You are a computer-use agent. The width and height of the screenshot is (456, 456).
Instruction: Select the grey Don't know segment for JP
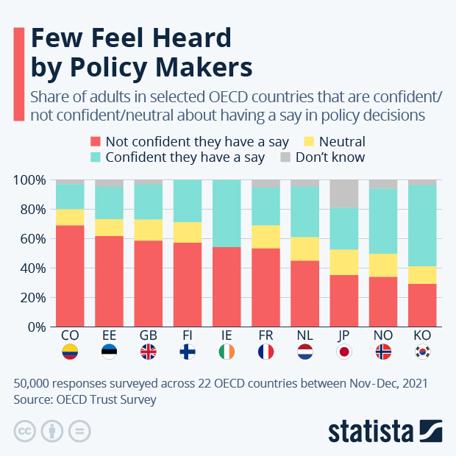click(x=344, y=194)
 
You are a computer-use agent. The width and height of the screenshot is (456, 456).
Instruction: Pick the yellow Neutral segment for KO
click(x=422, y=275)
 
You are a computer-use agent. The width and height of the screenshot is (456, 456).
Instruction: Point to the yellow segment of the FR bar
click(x=266, y=237)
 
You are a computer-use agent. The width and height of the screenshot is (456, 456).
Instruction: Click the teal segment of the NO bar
click(x=383, y=221)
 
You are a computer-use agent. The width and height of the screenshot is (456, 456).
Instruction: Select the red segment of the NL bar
click(x=304, y=293)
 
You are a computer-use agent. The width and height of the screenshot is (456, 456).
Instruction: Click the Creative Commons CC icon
click(x=24, y=430)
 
